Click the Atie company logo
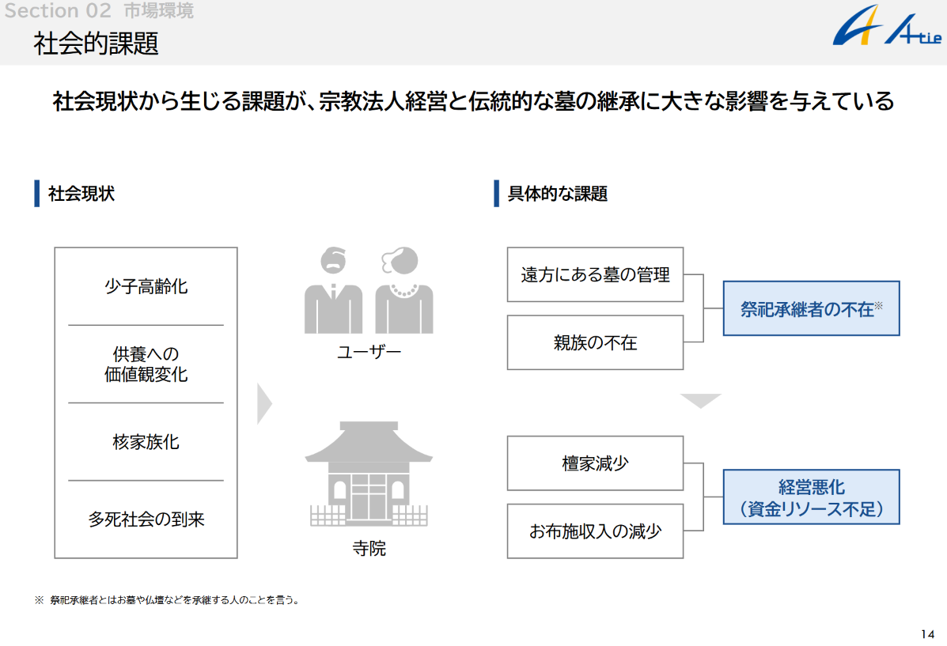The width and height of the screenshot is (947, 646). click(885, 32)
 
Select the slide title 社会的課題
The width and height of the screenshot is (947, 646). click(96, 43)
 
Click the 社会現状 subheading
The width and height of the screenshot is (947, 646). click(81, 194)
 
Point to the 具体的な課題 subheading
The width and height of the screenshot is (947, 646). click(557, 194)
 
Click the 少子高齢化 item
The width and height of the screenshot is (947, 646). click(146, 286)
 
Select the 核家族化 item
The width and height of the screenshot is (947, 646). click(146, 441)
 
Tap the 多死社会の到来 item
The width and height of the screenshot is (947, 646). click(146, 519)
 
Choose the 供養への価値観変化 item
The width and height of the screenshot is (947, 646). click(146, 364)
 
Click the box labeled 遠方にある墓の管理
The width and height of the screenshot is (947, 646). click(595, 274)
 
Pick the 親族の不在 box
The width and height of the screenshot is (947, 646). click(595, 342)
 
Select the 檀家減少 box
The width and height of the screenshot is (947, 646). click(595, 463)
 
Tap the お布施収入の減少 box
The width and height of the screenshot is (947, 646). click(595, 531)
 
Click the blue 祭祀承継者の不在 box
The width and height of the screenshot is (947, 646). click(811, 308)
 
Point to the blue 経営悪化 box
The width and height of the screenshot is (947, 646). click(811, 497)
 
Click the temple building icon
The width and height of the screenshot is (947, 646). click(369, 474)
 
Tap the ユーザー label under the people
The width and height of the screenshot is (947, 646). click(369, 351)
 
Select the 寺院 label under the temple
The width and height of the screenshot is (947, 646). click(369, 548)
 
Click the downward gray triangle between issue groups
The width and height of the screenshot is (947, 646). click(700, 401)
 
